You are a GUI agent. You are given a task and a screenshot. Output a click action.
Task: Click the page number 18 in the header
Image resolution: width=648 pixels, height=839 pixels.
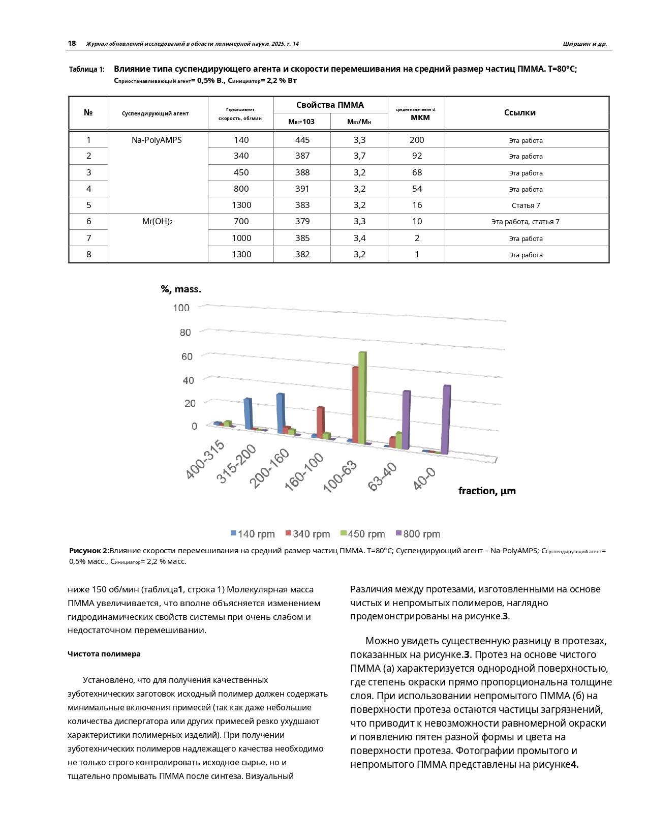pyautogui.click(x=72, y=44)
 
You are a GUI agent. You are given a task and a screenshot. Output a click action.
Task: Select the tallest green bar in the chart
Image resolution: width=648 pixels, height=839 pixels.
pyautogui.click(x=362, y=397)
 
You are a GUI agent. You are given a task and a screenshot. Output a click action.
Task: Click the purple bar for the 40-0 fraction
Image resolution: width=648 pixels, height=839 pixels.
pyautogui.click(x=446, y=420)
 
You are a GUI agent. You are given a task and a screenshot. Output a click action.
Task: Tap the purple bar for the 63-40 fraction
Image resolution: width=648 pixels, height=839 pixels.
pyautogui.click(x=406, y=420)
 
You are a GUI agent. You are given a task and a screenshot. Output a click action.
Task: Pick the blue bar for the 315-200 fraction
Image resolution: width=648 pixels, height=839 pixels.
pyautogui.click(x=248, y=413)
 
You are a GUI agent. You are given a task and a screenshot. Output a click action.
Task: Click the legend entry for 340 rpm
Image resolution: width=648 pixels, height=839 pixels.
pyautogui.click(x=307, y=534)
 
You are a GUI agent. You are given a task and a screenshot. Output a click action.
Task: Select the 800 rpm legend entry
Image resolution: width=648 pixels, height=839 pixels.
pyautogui.click(x=418, y=534)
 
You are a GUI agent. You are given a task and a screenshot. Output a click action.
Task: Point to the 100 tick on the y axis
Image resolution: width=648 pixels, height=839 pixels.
pyautogui.click(x=181, y=308)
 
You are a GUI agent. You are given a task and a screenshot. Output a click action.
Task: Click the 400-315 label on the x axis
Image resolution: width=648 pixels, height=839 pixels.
pyautogui.click(x=205, y=460)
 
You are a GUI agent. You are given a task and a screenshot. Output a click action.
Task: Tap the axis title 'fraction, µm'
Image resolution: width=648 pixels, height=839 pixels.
pyautogui.click(x=487, y=491)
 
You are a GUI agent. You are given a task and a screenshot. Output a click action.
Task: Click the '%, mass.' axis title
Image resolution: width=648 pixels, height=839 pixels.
pyautogui.click(x=181, y=289)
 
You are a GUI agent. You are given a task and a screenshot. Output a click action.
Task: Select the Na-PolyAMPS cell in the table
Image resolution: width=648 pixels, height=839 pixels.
pyautogui.click(x=157, y=140)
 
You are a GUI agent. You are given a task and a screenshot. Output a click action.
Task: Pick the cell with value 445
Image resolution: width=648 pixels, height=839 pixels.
pyautogui.click(x=302, y=140)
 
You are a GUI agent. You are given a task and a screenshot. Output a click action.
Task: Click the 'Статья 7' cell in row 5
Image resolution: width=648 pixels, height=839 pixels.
pyautogui.click(x=526, y=205)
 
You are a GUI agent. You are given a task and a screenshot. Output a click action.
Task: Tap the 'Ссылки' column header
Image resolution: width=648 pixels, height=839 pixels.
pyautogui.click(x=519, y=113)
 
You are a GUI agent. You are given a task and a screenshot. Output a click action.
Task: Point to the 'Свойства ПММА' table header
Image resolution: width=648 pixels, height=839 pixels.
pyautogui.click(x=330, y=105)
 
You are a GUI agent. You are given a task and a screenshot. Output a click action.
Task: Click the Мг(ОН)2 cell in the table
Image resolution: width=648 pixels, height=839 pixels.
pyautogui.click(x=157, y=221)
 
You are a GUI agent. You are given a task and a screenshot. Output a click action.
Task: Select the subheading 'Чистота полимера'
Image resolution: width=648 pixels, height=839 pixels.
pyautogui.click(x=104, y=654)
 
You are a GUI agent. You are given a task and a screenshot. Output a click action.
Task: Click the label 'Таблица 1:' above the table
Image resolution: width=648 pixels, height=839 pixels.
pyautogui.click(x=87, y=69)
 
